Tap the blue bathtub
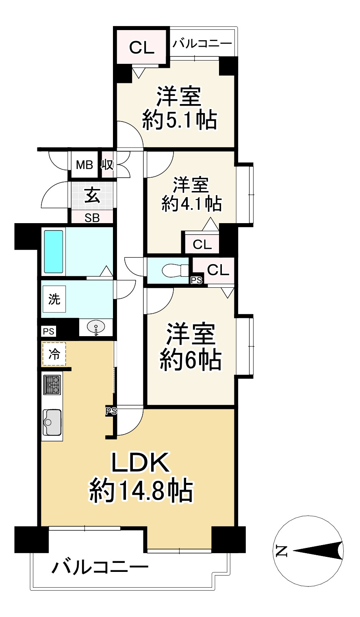click(x=54, y=252)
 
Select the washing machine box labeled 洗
click(x=54, y=300)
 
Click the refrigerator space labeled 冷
click(x=54, y=354)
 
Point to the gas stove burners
click(x=52, y=384)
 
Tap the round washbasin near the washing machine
click(x=96, y=327)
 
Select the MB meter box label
click(x=85, y=165)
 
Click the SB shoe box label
click(x=92, y=218)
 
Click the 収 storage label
click(x=107, y=165)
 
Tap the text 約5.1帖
click(x=179, y=120)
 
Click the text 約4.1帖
click(x=191, y=203)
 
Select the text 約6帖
click(x=191, y=360)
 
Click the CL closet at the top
click(x=142, y=48)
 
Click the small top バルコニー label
click(x=202, y=43)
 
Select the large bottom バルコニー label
click(x=100, y=566)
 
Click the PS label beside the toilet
click(x=197, y=280)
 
